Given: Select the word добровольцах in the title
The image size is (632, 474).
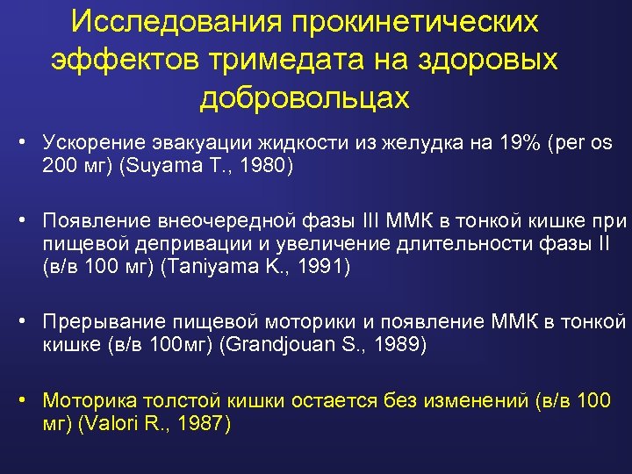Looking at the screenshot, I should [x=304, y=97].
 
